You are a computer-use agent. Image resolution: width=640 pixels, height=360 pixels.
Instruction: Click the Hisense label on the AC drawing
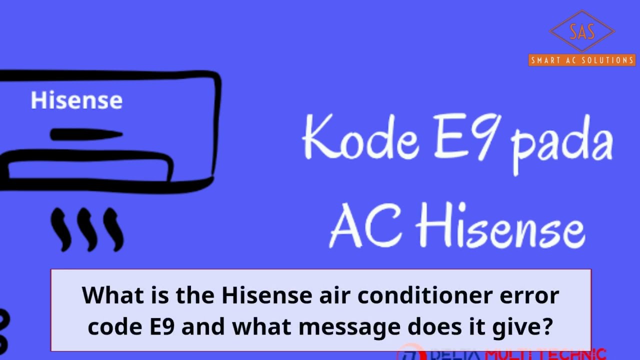pyautogui.click(x=76, y=100)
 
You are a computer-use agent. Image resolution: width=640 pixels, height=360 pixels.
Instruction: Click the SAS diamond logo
pyautogui.click(x=582, y=31)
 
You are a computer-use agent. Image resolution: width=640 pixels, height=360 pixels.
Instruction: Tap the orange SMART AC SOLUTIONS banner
pyautogui.click(x=582, y=60)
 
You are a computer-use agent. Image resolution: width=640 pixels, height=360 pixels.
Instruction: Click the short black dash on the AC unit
pyautogui.click(x=86, y=134)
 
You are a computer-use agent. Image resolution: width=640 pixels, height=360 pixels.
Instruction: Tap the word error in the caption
pyautogui.click(x=530, y=296)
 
